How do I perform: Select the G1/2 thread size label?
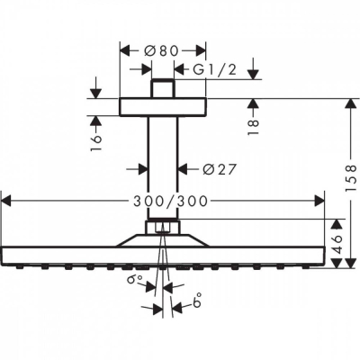pos(208,68)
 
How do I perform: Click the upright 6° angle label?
pos(196,305)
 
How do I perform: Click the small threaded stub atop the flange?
pos(162,89)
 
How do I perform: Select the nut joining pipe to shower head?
pos(162,225)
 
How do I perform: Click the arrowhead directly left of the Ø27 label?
pos(181,167)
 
